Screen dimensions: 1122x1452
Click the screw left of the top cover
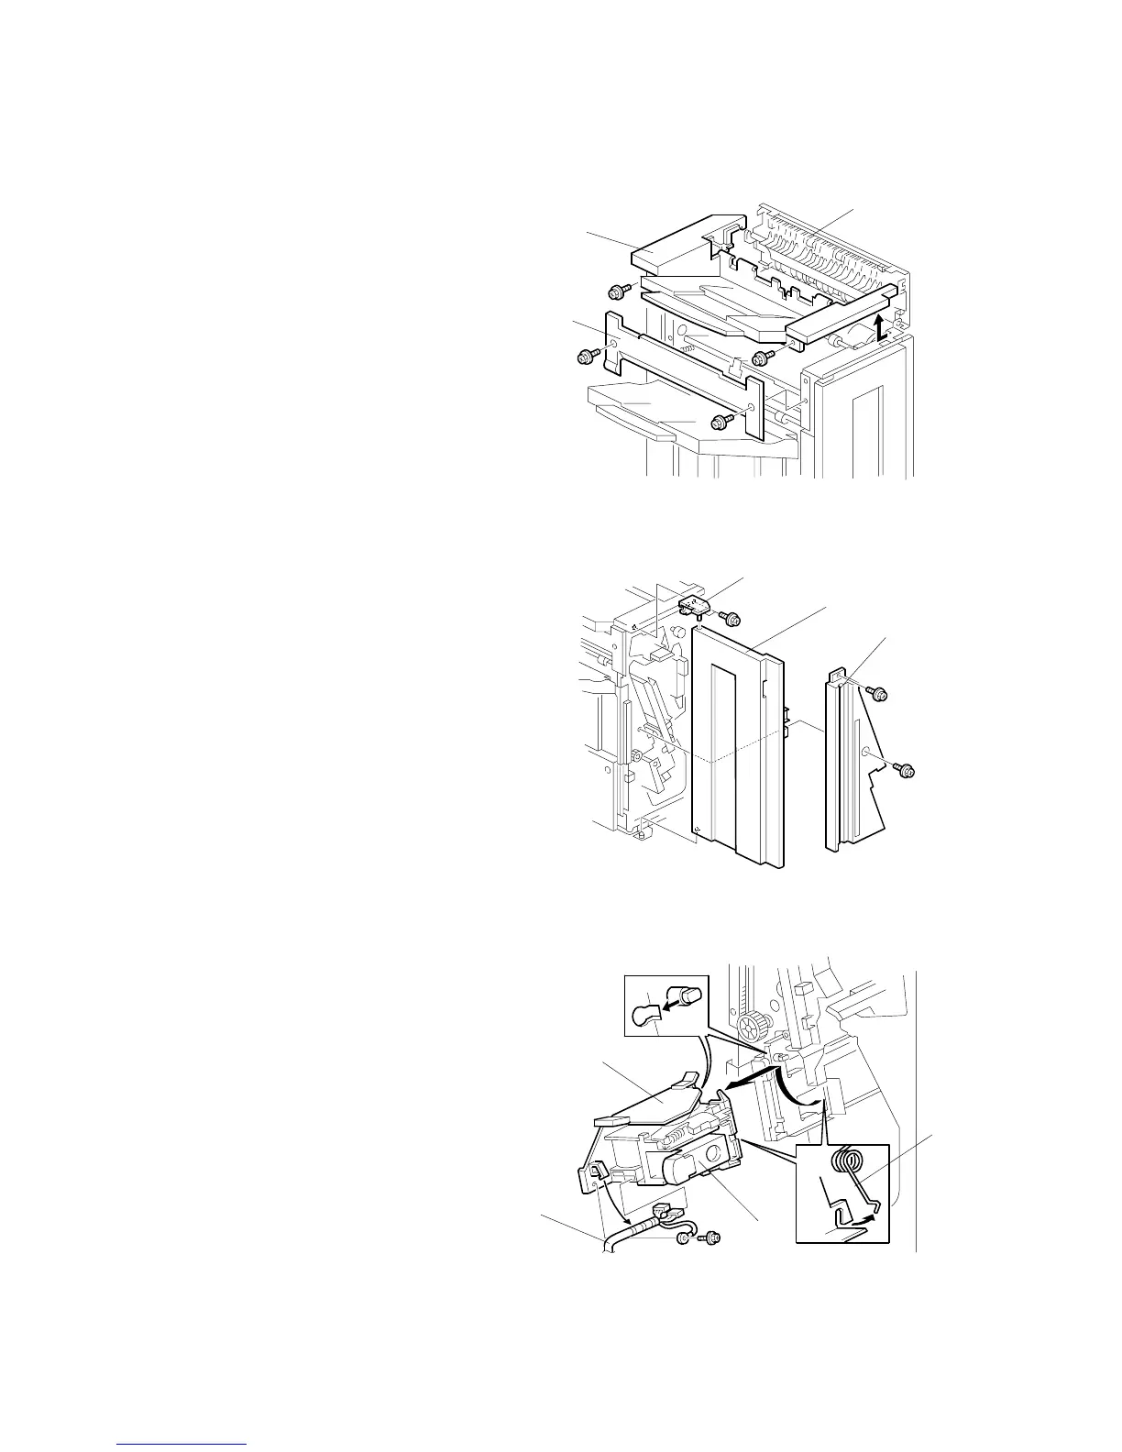pos(616,292)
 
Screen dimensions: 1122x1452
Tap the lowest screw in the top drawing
pos(721,422)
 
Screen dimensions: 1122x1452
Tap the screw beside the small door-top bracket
pos(731,619)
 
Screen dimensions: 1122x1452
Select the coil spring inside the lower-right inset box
pos(849,1161)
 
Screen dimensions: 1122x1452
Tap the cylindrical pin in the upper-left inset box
pos(689,995)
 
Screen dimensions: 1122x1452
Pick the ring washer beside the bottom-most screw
pos(684,1239)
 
